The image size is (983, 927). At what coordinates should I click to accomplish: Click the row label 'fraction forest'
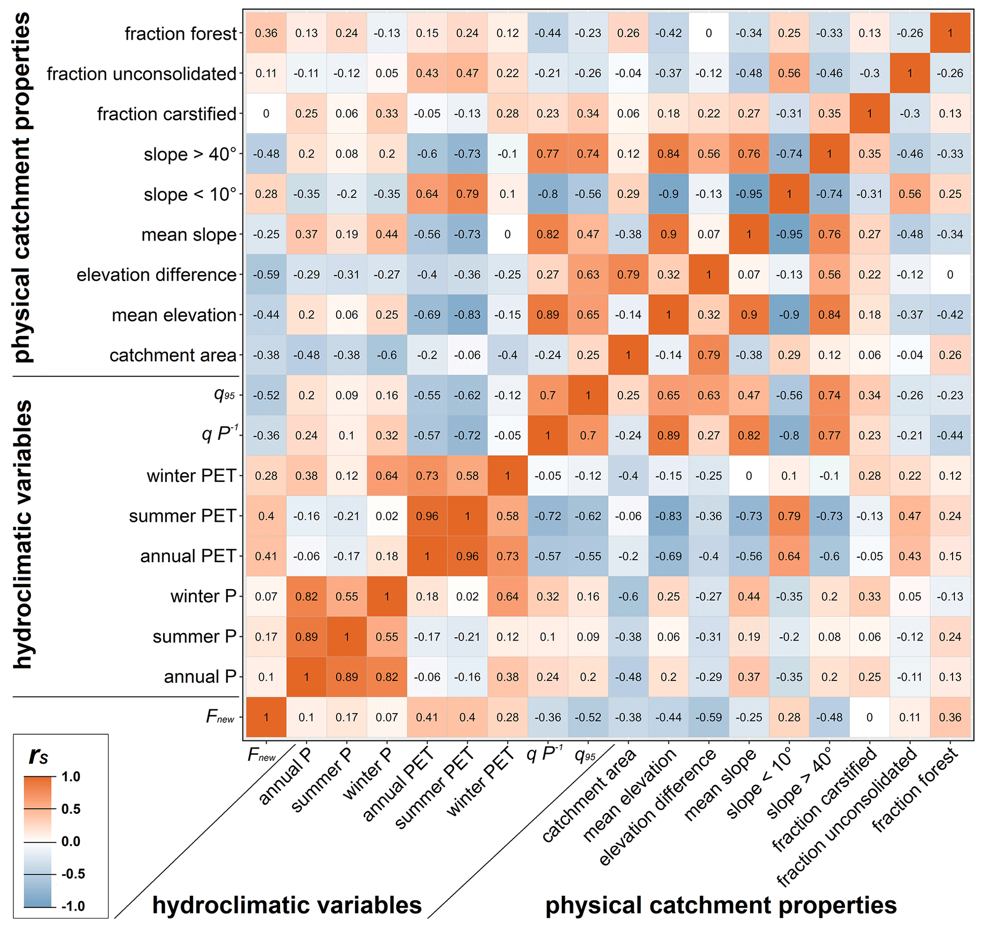(x=181, y=34)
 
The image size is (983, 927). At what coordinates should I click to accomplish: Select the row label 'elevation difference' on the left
(x=156, y=275)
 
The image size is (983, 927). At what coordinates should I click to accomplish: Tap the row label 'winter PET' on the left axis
(x=191, y=476)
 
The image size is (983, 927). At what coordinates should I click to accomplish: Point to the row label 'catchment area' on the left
(x=173, y=355)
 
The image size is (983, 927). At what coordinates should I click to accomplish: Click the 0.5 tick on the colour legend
(x=71, y=809)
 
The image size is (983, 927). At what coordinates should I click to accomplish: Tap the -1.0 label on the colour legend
(x=73, y=906)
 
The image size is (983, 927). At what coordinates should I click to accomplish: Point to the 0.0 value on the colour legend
(x=71, y=841)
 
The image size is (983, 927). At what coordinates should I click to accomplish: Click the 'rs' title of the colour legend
(x=39, y=756)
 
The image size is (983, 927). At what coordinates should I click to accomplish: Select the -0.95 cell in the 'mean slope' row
(x=789, y=235)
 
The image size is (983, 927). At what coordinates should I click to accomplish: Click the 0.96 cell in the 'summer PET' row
(x=427, y=516)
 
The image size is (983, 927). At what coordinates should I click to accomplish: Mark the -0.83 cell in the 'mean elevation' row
(x=467, y=315)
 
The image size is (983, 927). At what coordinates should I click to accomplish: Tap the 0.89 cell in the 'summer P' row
(x=306, y=637)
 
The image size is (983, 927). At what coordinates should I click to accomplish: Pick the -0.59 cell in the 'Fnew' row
(x=709, y=717)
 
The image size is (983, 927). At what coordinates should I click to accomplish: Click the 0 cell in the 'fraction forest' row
(x=709, y=33)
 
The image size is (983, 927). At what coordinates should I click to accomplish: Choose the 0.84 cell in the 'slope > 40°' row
(x=669, y=154)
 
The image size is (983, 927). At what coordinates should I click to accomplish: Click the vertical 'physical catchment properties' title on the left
(x=22, y=188)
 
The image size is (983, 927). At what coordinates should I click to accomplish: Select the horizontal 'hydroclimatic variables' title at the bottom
(x=287, y=905)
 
